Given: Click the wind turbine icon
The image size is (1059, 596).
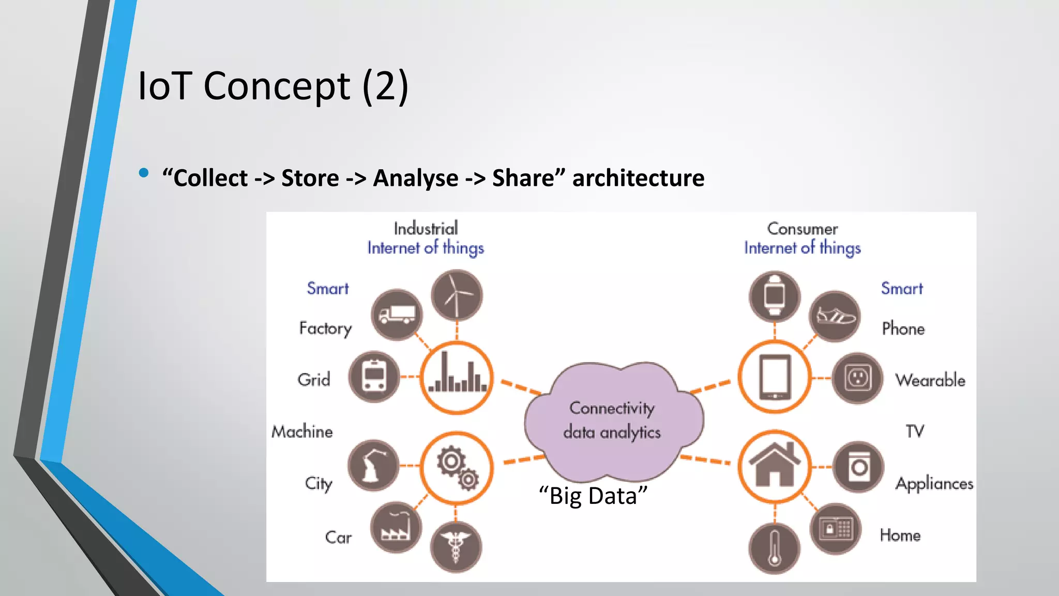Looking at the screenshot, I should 457,295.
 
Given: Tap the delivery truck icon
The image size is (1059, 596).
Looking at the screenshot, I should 397,315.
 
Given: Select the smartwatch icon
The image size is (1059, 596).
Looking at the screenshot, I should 774,296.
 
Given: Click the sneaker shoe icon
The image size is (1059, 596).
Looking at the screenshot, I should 835,316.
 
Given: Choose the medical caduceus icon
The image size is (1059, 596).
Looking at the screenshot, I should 456,547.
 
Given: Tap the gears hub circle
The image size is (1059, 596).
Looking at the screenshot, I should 457,468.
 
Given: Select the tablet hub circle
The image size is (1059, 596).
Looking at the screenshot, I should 775,377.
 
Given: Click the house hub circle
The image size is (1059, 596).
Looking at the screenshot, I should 775,467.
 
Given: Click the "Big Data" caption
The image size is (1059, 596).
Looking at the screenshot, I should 593,496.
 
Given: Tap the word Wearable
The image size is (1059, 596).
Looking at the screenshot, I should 930,380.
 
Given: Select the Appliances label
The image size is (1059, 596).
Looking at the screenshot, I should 934,484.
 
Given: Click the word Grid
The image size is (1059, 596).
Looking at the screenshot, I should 314,380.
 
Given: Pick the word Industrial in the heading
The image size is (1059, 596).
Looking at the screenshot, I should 426,229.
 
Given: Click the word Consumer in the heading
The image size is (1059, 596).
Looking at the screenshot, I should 802,229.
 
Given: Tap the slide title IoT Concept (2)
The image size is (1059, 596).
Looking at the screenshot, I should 273,86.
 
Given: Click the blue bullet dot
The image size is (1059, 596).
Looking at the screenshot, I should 144,173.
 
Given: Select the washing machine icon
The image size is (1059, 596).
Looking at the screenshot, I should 858,467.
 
